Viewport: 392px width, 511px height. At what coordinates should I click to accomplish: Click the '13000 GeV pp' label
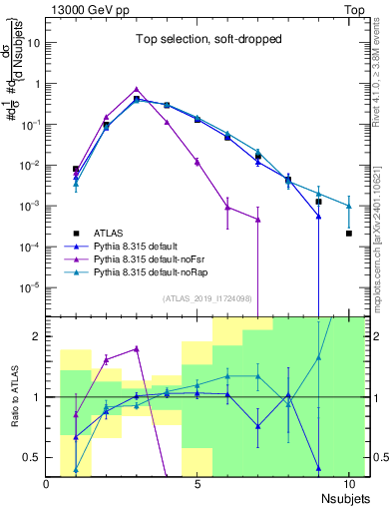pyautogui.click(x=86, y=9)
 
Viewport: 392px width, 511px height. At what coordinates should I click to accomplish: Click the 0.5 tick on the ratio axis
pyautogui.click(x=34, y=457)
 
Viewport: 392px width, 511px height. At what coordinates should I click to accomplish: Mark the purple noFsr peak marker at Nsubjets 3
pyautogui.click(x=137, y=89)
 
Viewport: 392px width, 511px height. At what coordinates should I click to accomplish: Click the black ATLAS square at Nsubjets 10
pyautogui.click(x=348, y=234)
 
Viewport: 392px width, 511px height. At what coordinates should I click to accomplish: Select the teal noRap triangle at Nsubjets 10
pyautogui.click(x=348, y=206)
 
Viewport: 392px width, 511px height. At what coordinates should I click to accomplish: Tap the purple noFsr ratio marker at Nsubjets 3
pyautogui.click(x=137, y=348)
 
